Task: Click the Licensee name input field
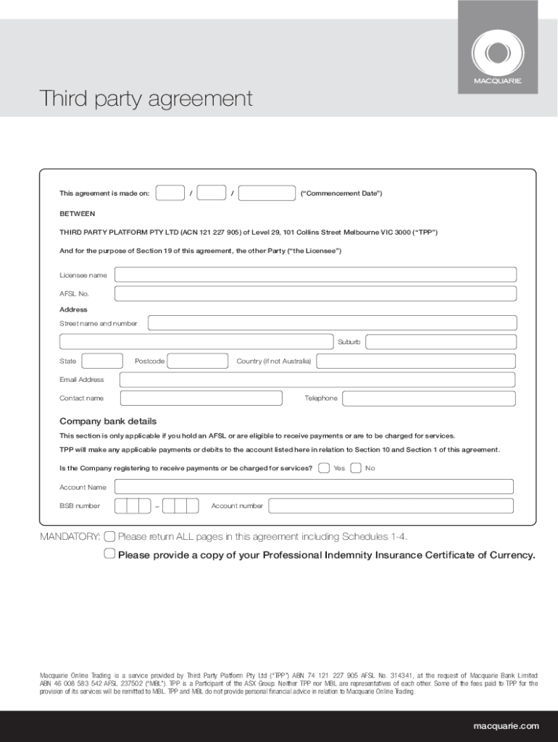pos(315,275)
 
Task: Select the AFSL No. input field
pos(315,293)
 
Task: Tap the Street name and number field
pos(332,323)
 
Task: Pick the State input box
pos(102,361)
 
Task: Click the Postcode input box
pos(197,361)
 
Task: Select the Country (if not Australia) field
pos(416,361)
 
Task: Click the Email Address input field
pos(317,380)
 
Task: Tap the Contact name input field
pos(201,398)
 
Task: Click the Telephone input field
pos(428,398)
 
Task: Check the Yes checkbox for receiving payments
pos(324,468)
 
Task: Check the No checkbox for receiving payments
pos(356,468)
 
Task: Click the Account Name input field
pos(314,487)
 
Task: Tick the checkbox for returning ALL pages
pos(109,536)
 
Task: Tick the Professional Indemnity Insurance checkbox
pos(109,554)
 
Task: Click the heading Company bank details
pos(108,421)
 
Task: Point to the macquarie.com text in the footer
pos(506,726)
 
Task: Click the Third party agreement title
pos(146,99)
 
